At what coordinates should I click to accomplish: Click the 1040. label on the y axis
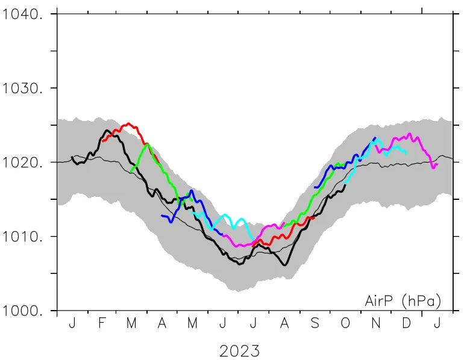pyautogui.click(x=23, y=14)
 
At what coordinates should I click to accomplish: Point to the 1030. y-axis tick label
pyautogui.click(x=23, y=88)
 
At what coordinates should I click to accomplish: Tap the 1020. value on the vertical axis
pyautogui.click(x=23, y=163)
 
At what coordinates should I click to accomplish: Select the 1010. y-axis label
pyautogui.click(x=23, y=237)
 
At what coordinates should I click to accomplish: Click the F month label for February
pyautogui.click(x=102, y=323)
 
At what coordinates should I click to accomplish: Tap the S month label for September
pyautogui.click(x=315, y=323)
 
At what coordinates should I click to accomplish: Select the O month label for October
pyautogui.click(x=345, y=323)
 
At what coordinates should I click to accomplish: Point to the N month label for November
pyautogui.click(x=375, y=323)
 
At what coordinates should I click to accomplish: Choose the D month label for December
pyautogui.click(x=406, y=323)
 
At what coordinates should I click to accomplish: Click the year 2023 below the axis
pyautogui.click(x=240, y=350)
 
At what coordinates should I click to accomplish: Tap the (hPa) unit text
pyautogui.click(x=421, y=300)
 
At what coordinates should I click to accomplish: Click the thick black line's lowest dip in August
pyautogui.click(x=284, y=264)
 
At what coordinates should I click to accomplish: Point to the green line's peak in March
pyautogui.click(x=147, y=144)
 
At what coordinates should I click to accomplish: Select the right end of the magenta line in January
pyautogui.click(x=437, y=164)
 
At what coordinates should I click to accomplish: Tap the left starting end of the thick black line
pyautogui.click(x=72, y=158)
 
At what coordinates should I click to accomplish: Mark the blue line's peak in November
pyautogui.click(x=375, y=138)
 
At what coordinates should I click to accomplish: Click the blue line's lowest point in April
pyautogui.click(x=171, y=222)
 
